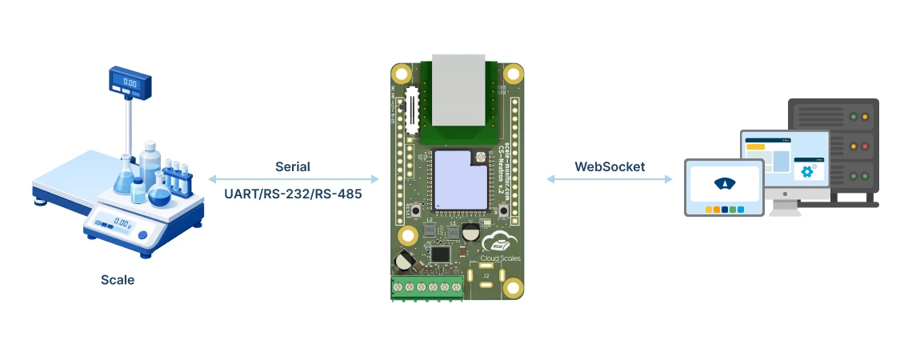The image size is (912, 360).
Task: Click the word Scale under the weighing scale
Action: tap(118, 280)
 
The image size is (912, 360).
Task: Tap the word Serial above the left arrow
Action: tap(292, 167)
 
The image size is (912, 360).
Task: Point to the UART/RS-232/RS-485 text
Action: tap(292, 192)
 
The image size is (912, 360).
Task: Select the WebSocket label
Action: tap(610, 167)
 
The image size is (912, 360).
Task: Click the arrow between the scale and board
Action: tap(294, 179)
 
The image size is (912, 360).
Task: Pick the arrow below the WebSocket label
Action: tap(610, 179)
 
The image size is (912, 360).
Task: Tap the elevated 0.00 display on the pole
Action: tap(129, 81)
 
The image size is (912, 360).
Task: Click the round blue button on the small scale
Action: tap(142, 235)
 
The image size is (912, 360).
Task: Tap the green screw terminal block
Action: tap(427, 287)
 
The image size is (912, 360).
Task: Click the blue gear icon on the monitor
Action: tap(806, 171)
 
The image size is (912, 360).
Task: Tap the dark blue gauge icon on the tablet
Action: tap(723, 183)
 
